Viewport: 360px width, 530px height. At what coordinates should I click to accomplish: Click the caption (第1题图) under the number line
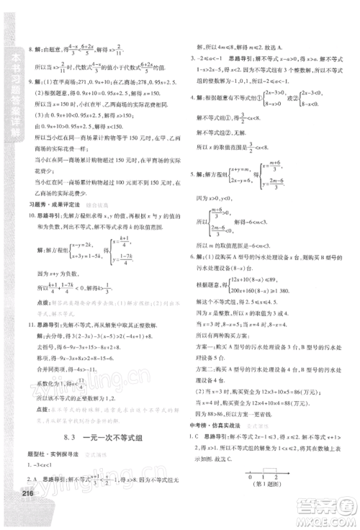[x=268, y=508]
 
